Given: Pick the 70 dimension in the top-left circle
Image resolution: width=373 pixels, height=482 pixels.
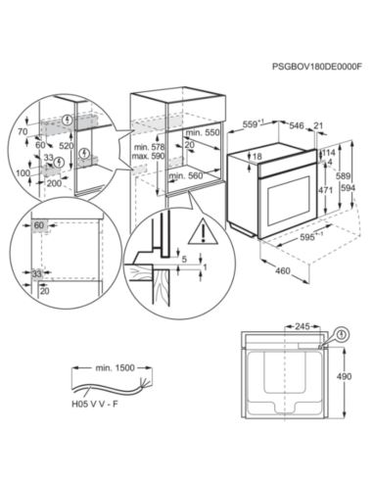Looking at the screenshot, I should (x=22, y=129).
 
